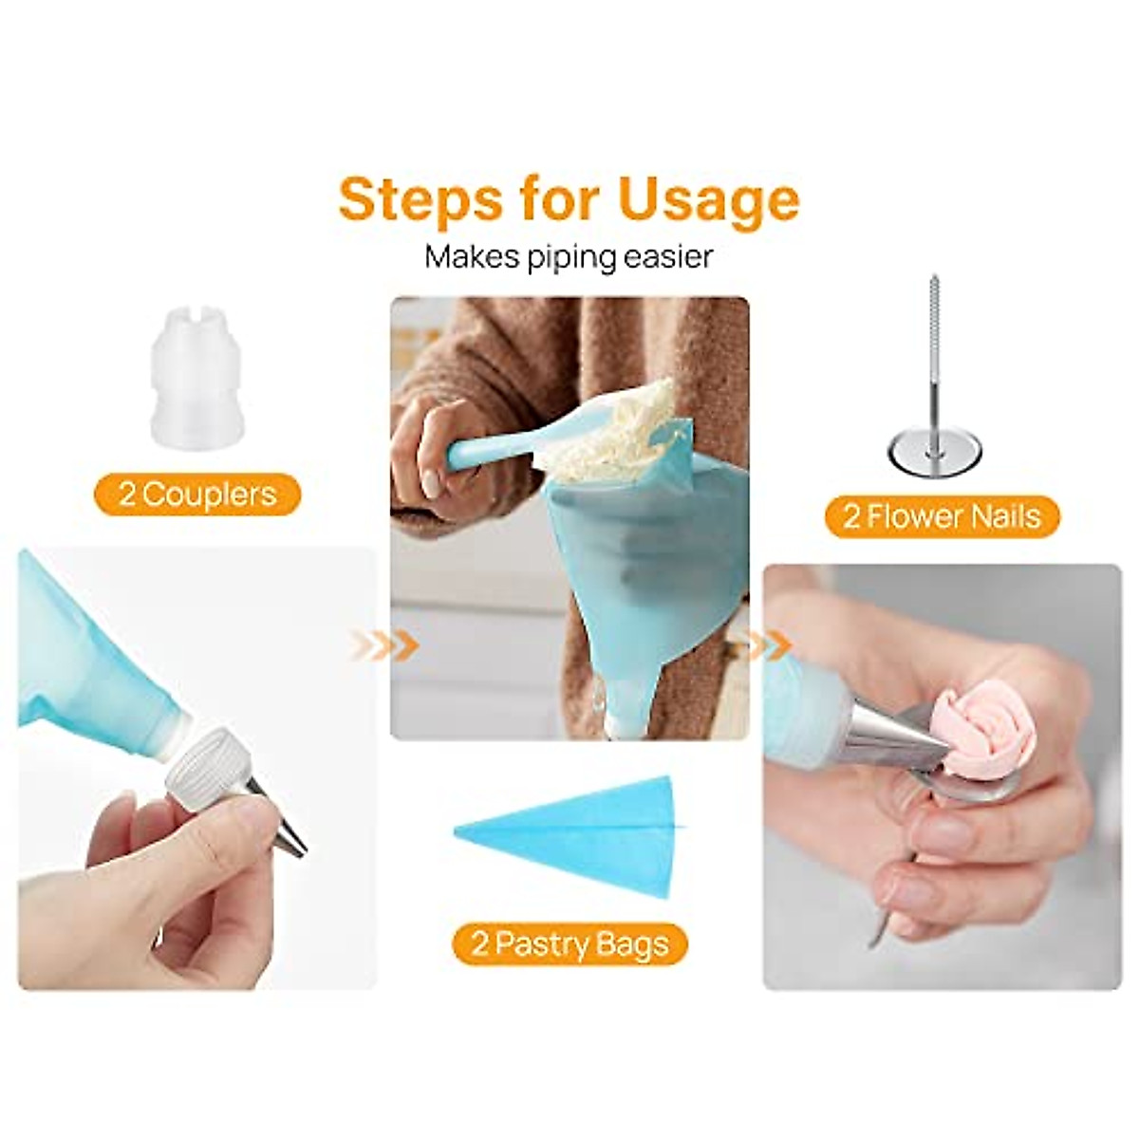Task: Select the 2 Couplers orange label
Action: [x=197, y=495]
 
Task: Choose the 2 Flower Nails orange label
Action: [x=942, y=516]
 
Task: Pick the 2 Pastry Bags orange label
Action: [x=569, y=944]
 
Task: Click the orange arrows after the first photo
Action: [x=384, y=645]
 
